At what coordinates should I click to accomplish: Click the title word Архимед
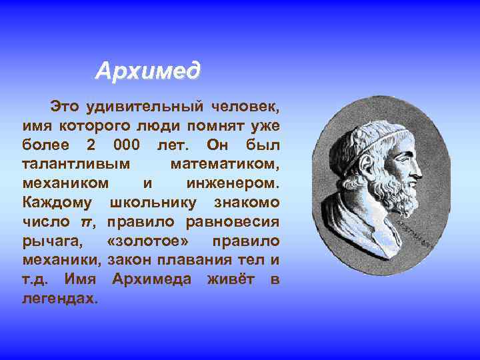(147, 70)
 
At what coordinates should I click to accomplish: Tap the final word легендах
(60, 298)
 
